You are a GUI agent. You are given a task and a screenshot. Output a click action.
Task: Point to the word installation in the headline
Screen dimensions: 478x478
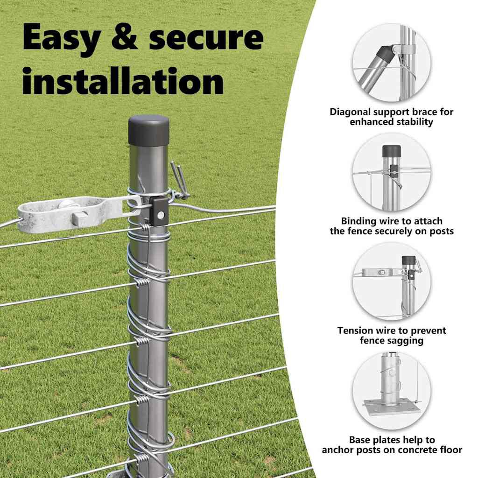[x=123, y=80]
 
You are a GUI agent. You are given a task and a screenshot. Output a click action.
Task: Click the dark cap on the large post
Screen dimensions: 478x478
[x=149, y=130]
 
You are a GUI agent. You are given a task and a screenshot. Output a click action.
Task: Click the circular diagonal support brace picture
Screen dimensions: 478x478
[x=392, y=63]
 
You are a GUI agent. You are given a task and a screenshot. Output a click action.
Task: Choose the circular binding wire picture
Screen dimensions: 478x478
[x=392, y=172]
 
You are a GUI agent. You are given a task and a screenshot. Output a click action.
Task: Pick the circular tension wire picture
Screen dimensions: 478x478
[x=392, y=281]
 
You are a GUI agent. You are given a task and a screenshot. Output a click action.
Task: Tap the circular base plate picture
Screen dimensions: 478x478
[x=392, y=391]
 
